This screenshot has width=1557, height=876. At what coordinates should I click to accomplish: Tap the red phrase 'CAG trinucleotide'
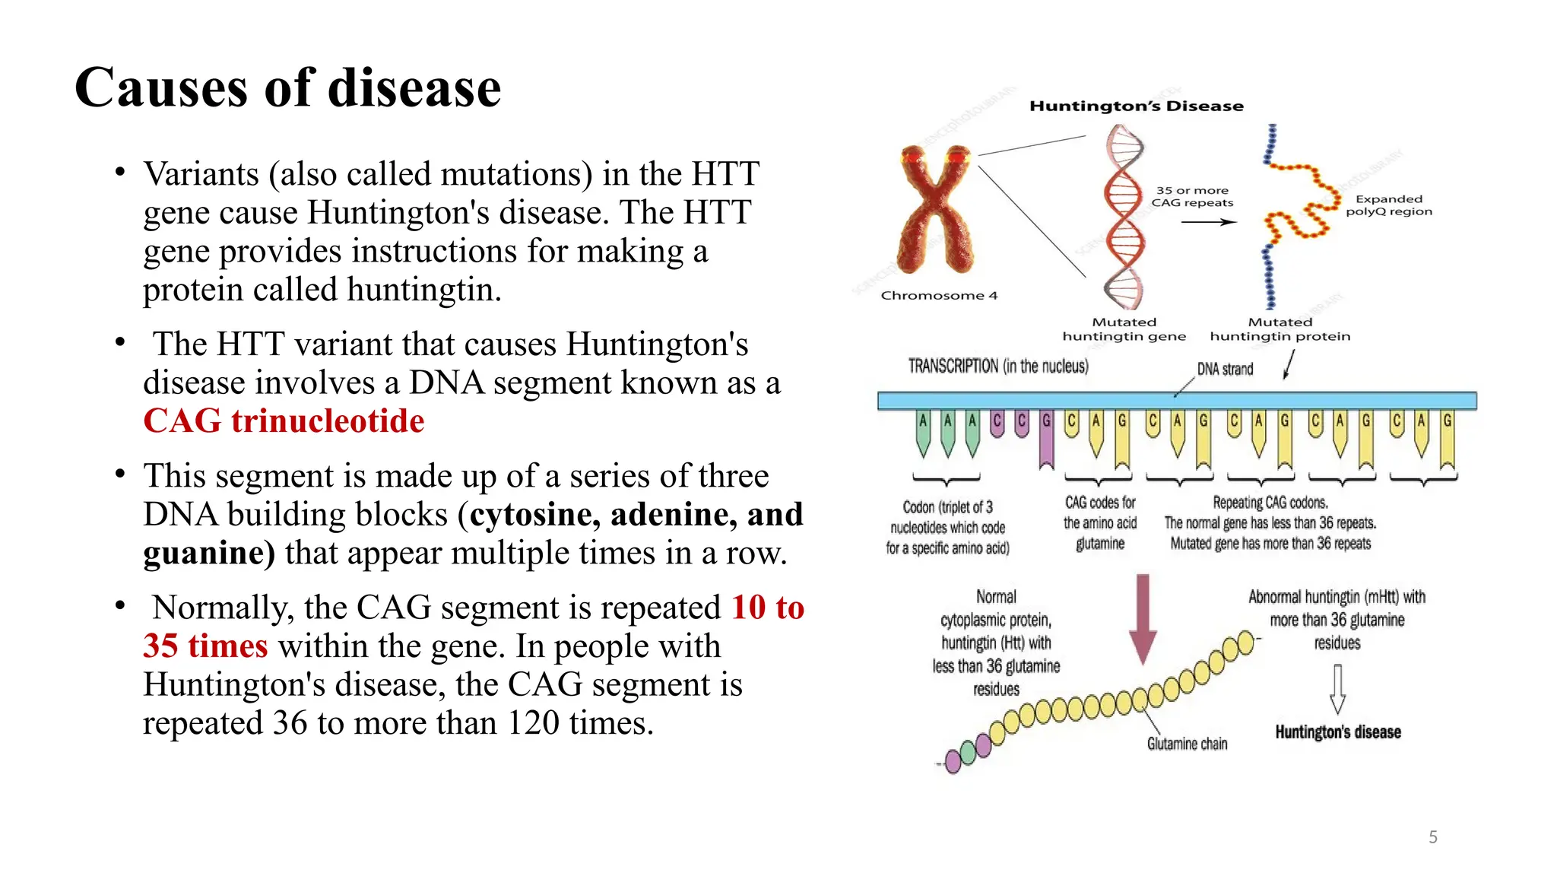click(x=284, y=421)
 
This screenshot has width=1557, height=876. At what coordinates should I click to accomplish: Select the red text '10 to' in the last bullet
click(x=767, y=608)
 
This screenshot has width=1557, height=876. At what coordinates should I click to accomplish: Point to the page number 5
click(x=1432, y=837)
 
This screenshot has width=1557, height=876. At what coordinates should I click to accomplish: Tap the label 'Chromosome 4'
click(x=939, y=296)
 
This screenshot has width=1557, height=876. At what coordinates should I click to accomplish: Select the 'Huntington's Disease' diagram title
click(x=1136, y=106)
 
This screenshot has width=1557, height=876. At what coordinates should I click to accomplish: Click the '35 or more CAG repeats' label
click(x=1191, y=197)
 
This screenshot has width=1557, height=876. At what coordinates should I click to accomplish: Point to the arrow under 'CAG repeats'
click(x=1208, y=222)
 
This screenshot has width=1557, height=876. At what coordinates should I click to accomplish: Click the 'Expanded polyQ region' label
click(x=1388, y=205)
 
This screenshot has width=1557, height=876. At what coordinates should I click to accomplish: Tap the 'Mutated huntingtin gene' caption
click(x=1124, y=329)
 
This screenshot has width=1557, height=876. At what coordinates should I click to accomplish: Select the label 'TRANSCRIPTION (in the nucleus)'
click(x=997, y=367)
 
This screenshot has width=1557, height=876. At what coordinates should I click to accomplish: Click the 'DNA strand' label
click(x=1225, y=370)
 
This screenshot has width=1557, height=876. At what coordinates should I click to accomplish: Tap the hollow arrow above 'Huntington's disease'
click(x=1337, y=688)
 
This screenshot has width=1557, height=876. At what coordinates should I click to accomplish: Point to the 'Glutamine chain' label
click(x=1187, y=744)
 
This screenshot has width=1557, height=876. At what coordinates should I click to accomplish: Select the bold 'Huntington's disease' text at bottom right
click(x=1337, y=732)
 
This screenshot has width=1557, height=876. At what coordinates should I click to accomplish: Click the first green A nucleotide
click(x=923, y=432)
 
